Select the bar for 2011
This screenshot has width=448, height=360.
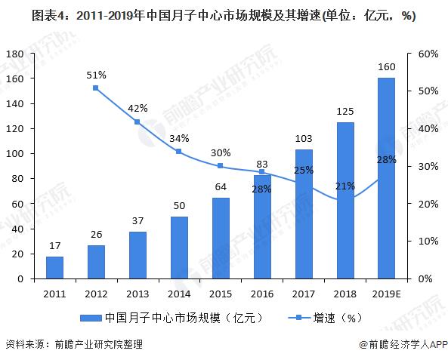[54, 267]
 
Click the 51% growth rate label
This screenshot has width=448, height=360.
[96, 75]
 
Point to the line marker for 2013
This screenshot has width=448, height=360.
[137, 122]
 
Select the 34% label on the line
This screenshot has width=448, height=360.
[179, 138]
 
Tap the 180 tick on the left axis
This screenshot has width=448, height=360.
[16, 54]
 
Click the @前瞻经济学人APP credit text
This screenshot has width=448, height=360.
[397, 344]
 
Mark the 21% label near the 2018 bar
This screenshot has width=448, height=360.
[344, 186]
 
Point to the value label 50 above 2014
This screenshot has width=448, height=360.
[179, 205]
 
